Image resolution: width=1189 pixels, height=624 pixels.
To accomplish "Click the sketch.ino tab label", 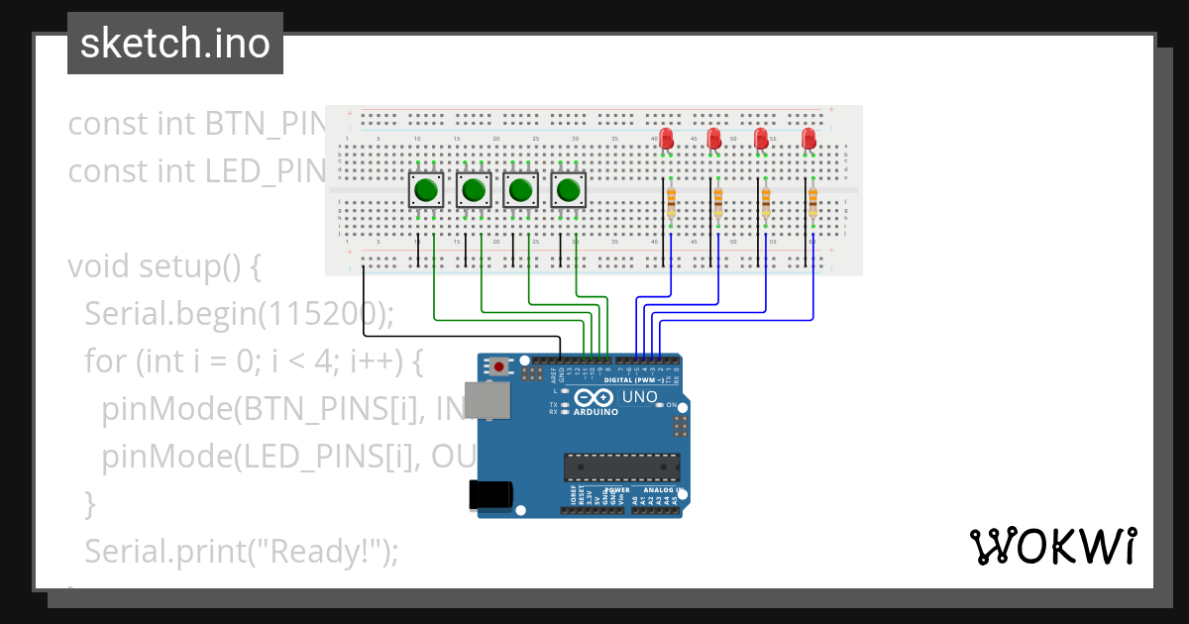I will coord(175,44).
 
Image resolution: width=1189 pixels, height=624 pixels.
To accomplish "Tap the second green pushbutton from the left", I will coord(474,190).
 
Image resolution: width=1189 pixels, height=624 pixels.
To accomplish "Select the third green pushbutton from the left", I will coord(521,190).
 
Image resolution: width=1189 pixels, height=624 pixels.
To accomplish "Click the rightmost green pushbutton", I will coord(569,190).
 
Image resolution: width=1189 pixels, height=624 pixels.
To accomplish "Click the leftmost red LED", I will coord(666,139).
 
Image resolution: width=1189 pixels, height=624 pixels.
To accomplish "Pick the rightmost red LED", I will coord(809,139).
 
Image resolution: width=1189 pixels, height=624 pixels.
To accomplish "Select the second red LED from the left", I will coord(713,139).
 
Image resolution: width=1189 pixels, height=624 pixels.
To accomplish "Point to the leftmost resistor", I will coord(671,202).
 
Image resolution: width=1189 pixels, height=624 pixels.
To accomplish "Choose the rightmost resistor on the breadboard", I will coord(812,202).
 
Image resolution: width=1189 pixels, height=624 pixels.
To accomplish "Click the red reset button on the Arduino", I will coord(499,367).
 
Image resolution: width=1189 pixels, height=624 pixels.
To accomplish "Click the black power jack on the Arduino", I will coord(490,495).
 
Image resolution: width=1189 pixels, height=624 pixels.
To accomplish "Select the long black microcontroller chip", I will coord(621,468).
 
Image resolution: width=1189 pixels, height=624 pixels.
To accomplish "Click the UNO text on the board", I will coord(639,397).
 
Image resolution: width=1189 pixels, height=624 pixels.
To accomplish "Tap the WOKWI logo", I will coord(1052,546).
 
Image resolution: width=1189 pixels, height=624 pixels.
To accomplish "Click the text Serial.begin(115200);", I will coord(239,314).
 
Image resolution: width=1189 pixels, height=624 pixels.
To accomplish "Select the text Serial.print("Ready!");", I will coord(241,551).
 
